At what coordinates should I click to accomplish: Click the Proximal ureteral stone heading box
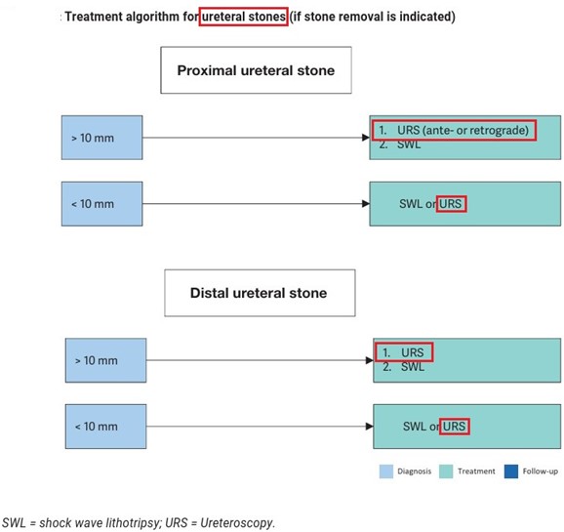coord(256,70)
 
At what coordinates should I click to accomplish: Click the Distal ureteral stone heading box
coord(260,293)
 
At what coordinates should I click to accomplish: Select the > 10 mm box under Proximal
coord(101,138)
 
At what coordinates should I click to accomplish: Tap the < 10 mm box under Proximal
coord(101,204)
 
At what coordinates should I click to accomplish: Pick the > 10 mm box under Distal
coord(105,360)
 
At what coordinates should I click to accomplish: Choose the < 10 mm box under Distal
coord(105,427)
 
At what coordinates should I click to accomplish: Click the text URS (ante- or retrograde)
coord(463,130)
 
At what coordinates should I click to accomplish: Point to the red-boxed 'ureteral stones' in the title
coord(244,17)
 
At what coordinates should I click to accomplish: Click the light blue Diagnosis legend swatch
coord(386,471)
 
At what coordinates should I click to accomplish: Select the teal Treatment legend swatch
coord(446,471)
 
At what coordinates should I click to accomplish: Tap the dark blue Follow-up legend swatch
coord(511,471)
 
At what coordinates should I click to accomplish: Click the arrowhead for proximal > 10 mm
coord(366,138)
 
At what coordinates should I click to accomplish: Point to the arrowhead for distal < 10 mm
coord(370,427)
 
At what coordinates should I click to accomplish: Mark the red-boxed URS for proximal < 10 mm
coord(451,204)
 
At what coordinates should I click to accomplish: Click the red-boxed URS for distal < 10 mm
coord(455,427)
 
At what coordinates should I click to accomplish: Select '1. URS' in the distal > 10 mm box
coord(404,352)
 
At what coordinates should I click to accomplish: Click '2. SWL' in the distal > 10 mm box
coord(404,367)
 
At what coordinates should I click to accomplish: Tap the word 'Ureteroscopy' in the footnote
coord(237,523)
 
